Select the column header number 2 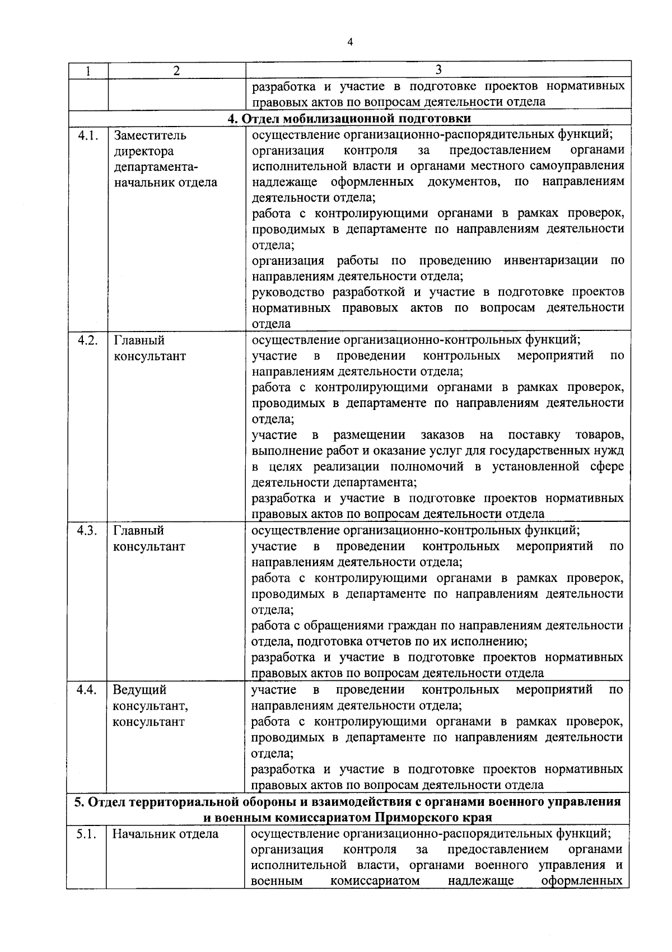coord(176,71)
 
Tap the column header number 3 coord(438,69)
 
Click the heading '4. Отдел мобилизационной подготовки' coord(349,119)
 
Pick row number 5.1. coord(87,834)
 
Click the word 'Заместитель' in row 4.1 coord(150,136)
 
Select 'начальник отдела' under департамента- coord(166,183)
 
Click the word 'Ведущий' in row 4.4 coord(139,690)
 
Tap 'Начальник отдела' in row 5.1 coord(165,834)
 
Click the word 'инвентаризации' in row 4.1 coord(549,260)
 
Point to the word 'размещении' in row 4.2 coord(369,435)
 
